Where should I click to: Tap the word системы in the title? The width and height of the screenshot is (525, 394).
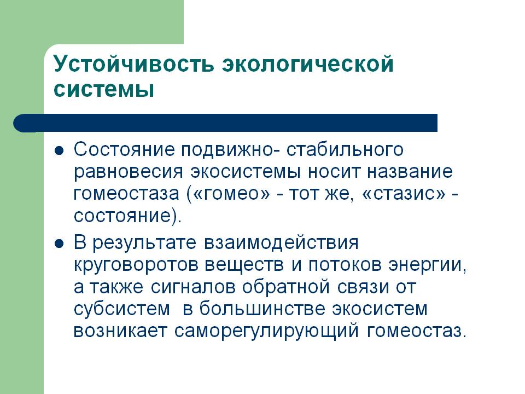pos(104,89)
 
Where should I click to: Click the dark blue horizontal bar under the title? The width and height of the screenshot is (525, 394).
pos(225,123)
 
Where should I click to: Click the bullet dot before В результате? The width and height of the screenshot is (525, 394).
pos(59,244)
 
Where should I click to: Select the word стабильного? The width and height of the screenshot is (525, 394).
pos(345,150)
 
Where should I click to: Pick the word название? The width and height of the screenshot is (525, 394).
pos(410,172)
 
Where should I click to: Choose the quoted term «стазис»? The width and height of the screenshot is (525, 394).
pos(404,194)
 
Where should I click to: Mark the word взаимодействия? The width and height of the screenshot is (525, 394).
pos(281,243)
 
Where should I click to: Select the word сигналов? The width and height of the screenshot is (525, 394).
pos(193,287)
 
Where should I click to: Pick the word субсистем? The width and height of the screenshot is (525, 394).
pos(122,309)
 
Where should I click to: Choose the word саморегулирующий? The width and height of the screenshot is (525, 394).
pos(267,332)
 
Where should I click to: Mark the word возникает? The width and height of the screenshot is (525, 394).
pos(120,332)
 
